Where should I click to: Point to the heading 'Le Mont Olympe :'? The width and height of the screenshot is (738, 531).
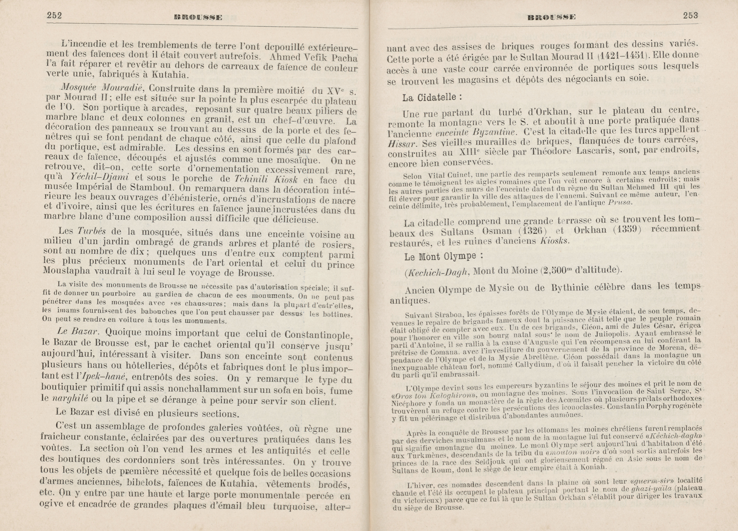coord(443,257)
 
